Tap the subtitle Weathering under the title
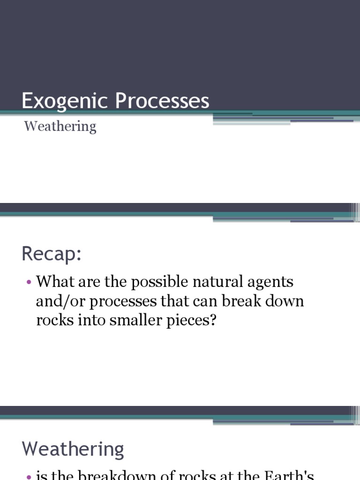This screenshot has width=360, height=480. [60, 126]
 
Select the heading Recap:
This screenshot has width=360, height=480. [52, 254]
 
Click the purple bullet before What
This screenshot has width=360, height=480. [29, 283]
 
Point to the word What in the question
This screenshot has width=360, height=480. [54, 282]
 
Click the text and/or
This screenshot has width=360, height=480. [60, 301]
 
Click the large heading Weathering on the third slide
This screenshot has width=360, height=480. [73, 449]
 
